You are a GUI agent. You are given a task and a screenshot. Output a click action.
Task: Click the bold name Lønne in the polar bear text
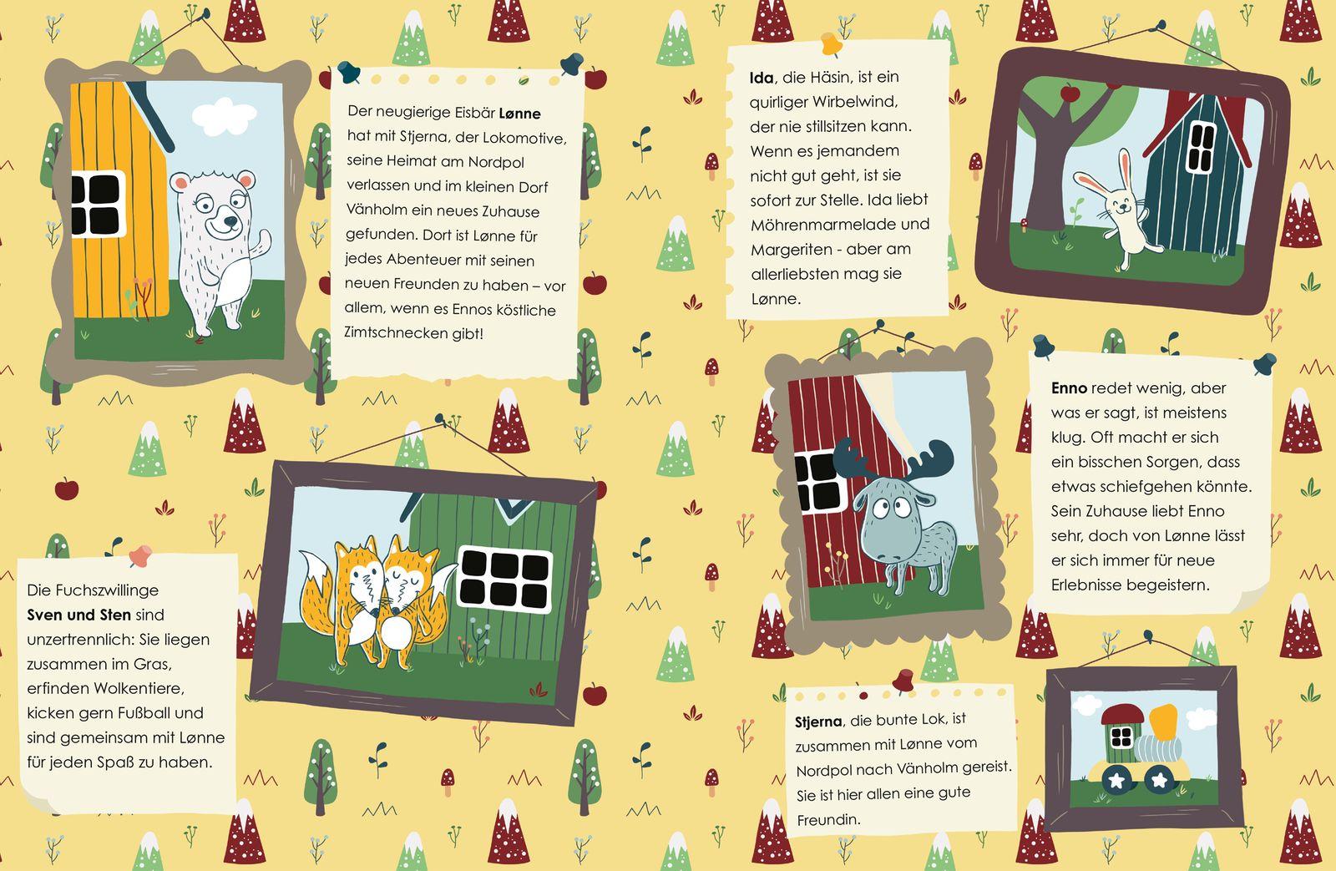pyautogui.click(x=519, y=114)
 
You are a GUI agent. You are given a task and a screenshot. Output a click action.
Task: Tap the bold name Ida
pyautogui.click(x=762, y=78)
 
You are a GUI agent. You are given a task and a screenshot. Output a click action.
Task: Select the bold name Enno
pyautogui.click(x=1069, y=387)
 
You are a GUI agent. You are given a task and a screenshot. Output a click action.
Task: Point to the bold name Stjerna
pyautogui.click(x=818, y=722)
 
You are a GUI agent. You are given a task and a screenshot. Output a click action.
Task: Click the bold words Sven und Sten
pyautogui.click(x=78, y=615)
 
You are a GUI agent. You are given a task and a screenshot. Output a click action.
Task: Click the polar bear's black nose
pyautogui.click(x=230, y=222)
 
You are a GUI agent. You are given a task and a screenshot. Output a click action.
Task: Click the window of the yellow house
pyautogui.click(x=98, y=204)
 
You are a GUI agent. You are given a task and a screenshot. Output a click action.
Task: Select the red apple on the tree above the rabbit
pyautogui.click(x=1070, y=92)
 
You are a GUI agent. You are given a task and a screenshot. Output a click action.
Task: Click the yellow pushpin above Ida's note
pyautogui.click(x=831, y=43)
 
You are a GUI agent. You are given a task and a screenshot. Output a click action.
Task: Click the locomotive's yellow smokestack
pyautogui.click(x=1163, y=722)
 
